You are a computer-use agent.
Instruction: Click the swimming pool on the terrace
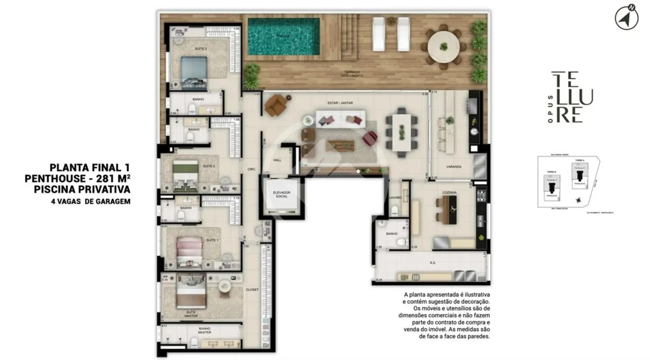click(284, 36)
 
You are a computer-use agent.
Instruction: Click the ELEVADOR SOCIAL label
click(282, 195)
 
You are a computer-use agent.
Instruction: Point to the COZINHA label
click(449, 193)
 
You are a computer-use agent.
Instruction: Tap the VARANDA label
click(454, 167)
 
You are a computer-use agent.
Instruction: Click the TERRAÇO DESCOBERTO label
click(352, 74)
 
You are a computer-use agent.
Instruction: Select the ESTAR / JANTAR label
click(340, 103)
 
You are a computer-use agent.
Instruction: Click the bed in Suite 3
click(194, 72)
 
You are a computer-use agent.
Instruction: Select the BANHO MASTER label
click(205, 331)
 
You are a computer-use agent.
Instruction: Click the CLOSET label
click(252, 290)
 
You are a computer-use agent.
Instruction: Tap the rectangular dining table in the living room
click(402, 131)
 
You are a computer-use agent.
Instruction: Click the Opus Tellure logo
click(572, 97)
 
